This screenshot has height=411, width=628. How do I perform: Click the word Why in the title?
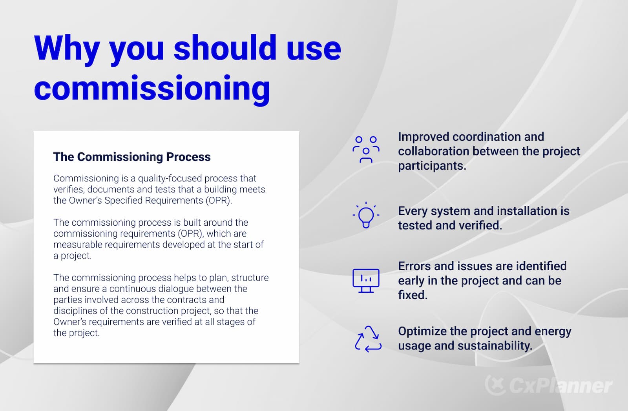(67, 49)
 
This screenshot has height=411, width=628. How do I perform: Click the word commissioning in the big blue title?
(152, 89)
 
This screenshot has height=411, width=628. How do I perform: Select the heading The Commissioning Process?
(132, 157)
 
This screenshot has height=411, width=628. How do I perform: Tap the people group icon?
(366, 150)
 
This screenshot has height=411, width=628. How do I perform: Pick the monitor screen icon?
(366, 281)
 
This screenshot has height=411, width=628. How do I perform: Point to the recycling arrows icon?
(368, 339)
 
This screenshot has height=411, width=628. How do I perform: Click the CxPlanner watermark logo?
(549, 385)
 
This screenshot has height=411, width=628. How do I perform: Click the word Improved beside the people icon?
(424, 137)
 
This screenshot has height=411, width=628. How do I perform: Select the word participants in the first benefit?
(431, 166)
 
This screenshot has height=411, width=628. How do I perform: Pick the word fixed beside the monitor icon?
(412, 295)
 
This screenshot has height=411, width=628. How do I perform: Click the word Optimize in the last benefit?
(422, 331)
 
